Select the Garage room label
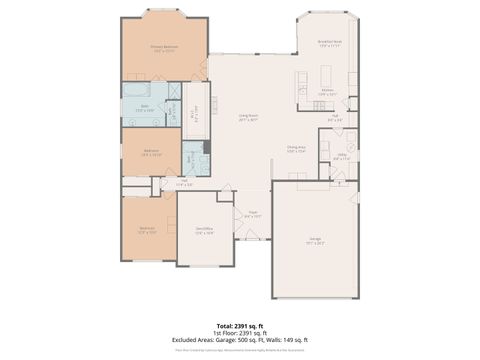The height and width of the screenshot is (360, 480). [316, 241]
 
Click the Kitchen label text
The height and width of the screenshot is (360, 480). [327, 92]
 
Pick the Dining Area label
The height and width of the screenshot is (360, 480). [296, 150]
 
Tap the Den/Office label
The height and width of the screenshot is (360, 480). [204, 230]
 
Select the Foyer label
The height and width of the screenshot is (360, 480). [253, 213]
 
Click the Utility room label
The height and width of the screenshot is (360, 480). [341, 157]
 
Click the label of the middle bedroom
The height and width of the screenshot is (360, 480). [151, 153]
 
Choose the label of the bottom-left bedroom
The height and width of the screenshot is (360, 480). [147, 230]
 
